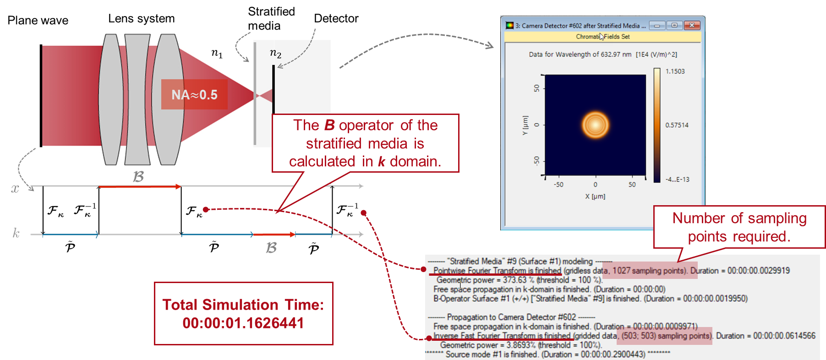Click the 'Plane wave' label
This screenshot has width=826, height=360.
(x=38, y=21)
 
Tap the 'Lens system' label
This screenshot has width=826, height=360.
(x=142, y=19)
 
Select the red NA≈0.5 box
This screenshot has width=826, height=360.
(x=194, y=94)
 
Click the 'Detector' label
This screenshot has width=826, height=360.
(x=336, y=18)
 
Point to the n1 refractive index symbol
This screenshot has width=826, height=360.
(x=217, y=53)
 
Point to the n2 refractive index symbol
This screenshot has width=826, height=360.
(x=275, y=54)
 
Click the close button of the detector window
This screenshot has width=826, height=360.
(x=692, y=25)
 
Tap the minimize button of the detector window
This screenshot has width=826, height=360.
(x=656, y=25)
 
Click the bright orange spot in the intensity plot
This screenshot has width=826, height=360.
(x=595, y=125)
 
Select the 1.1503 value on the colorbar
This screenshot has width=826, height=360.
(x=675, y=71)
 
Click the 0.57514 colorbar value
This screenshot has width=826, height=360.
(x=677, y=125)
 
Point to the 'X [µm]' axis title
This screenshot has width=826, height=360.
(x=595, y=196)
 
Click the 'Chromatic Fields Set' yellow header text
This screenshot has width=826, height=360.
(x=603, y=37)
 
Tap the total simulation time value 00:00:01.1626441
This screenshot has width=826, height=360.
(x=243, y=323)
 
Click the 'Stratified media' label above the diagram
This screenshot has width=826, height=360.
(x=271, y=19)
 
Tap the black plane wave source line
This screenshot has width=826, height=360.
(x=41, y=96)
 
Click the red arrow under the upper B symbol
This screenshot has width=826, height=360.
(x=140, y=186)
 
